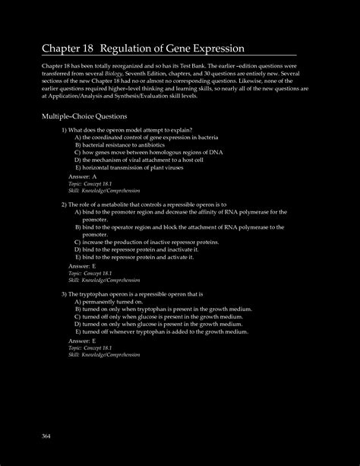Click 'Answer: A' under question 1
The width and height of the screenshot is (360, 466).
83,176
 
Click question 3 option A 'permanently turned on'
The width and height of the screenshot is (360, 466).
113,302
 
